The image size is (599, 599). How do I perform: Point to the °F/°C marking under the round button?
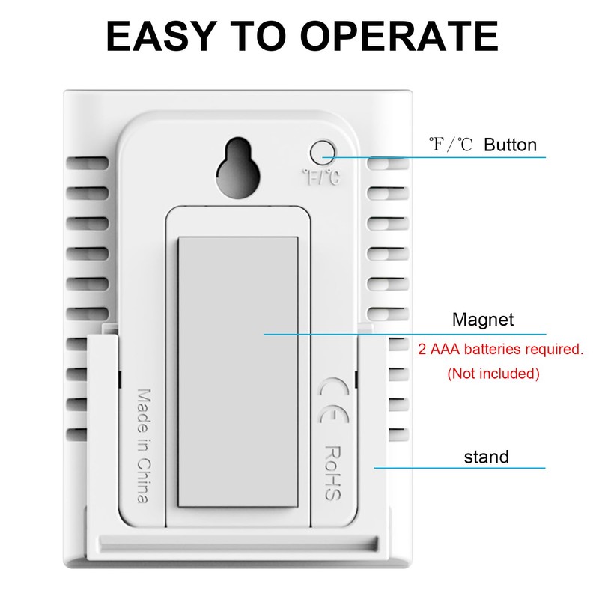[320, 177]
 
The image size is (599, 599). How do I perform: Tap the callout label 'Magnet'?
[483, 320]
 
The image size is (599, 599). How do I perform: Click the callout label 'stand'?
[486, 457]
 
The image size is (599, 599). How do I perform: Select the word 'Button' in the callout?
[510, 145]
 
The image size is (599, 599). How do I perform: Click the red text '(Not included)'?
[493, 373]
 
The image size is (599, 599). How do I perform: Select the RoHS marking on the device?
[332, 473]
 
